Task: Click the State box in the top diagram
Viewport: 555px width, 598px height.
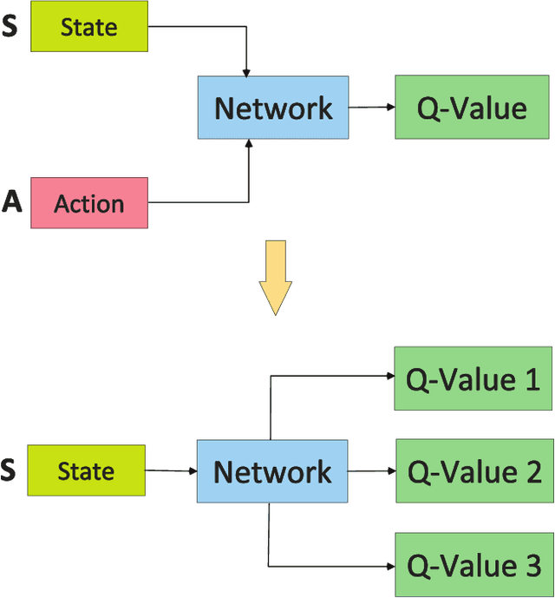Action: [x=89, y=27]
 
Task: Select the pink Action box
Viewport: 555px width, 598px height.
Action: [x=89, y=203]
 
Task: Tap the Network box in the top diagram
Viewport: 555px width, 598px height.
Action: [x=273, y=108]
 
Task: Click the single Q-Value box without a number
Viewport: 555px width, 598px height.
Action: [x=472, y=108]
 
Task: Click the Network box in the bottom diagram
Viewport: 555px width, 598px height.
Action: [x=272, y=471]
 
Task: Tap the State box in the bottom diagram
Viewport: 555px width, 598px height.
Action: [x=85, y=471]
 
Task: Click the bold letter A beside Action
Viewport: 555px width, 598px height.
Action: [x=12, y=202]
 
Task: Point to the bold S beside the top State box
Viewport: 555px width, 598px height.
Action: [x=10, y=26]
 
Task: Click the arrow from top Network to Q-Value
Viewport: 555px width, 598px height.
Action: [x=371, y=108]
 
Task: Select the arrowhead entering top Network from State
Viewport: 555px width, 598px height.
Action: [x=247, y=71]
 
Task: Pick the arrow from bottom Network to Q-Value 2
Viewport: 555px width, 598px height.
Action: [x=371, y=471]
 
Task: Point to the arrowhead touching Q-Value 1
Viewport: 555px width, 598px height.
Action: [x=388, y=377]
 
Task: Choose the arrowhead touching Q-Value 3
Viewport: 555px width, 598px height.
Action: [x=388, y=566]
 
